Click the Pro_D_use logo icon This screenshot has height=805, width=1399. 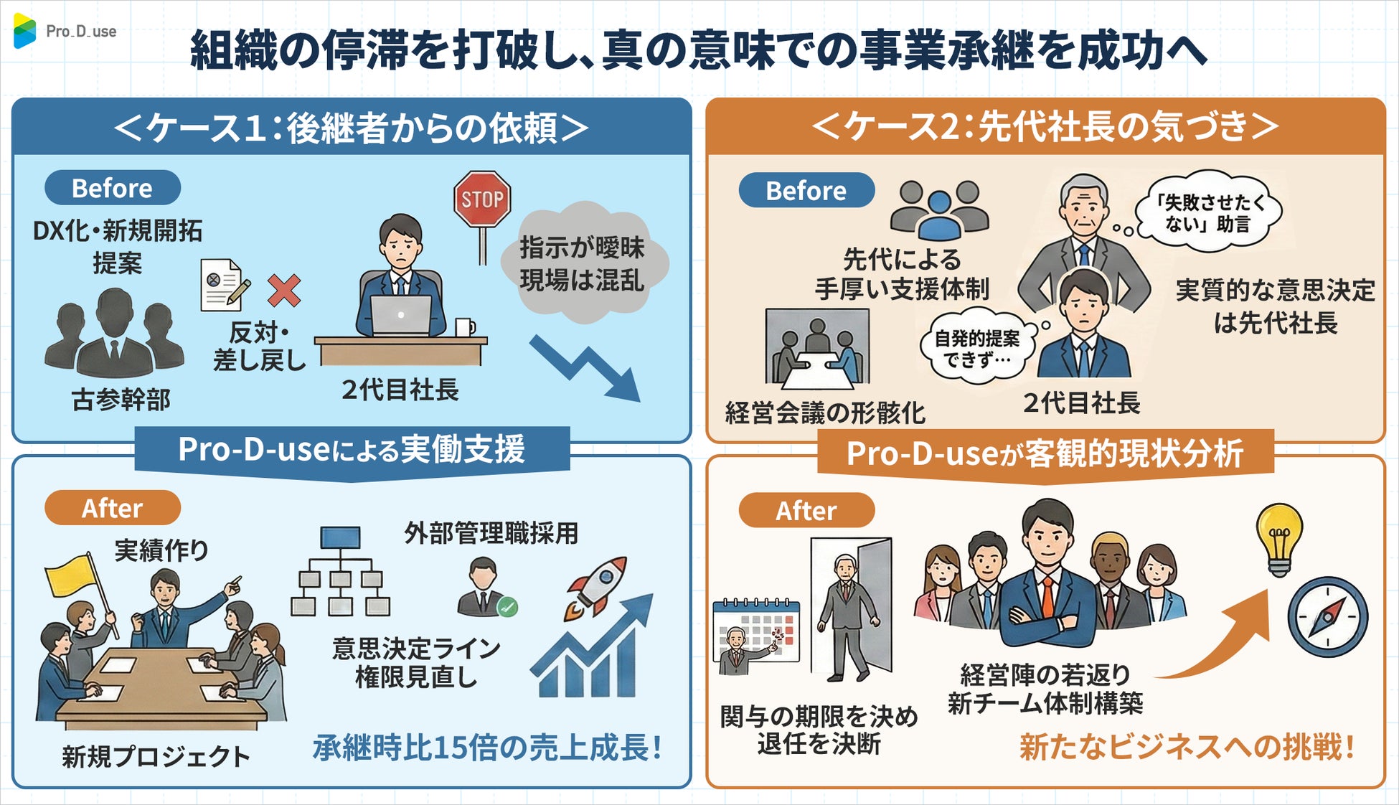pos(24,31)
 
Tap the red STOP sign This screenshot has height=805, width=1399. pos(482,199)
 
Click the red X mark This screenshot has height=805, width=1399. pos(284,290)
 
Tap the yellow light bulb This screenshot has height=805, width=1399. pos(1279,539)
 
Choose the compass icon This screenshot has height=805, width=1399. pos(1327,617)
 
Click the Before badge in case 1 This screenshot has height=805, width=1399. pos(112,188)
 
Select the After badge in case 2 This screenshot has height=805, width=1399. pos(806,511)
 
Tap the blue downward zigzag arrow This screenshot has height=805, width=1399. pos(585,367)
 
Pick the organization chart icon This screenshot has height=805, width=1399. pos(340,572)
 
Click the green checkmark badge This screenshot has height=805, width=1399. pos(507,607)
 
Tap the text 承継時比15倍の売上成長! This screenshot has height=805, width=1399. pos(486,748)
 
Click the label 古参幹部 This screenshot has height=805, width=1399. pos(121,400)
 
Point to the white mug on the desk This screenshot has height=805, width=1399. pos(464,328)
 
